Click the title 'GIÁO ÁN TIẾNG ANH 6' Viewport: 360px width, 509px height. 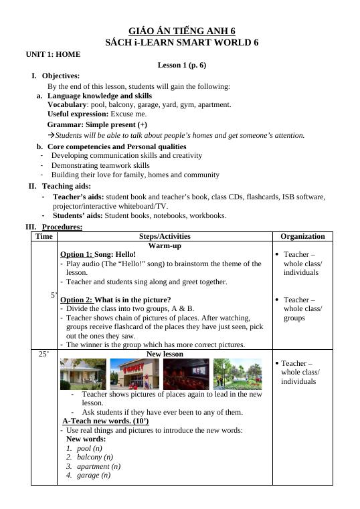181,31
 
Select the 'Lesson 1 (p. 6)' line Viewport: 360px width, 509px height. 181,65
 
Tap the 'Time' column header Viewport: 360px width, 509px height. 44,236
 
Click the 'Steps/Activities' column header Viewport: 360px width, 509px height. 165,236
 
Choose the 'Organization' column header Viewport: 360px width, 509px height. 302,236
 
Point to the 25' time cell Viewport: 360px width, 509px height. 44,354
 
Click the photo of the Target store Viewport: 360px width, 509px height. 134,374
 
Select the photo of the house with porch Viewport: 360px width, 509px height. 83,374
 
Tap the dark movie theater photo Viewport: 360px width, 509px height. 186,374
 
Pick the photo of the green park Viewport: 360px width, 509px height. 238,374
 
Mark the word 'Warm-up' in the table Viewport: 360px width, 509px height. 165,245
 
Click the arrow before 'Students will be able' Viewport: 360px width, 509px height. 51,135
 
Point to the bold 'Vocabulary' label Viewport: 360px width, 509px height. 67,105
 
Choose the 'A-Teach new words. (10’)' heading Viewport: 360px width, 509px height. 105,421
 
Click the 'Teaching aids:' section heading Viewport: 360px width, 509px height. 66,186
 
